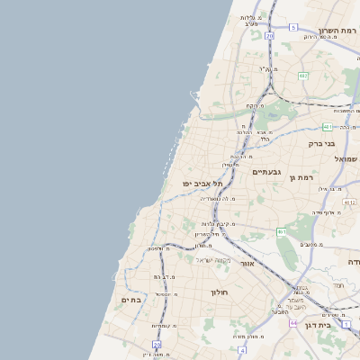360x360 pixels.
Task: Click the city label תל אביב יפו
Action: pos(202,183)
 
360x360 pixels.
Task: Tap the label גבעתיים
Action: pos(268,172)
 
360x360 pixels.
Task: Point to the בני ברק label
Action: pos(321,142)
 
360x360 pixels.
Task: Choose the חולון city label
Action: pos(221,292)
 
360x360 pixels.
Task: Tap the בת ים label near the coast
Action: pos(131,300)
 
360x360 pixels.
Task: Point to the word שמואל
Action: pos(346,158)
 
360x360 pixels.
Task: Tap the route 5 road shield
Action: pos(293,28)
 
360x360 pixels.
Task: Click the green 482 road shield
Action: pos(303,76)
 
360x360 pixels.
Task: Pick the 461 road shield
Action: pos(282,232)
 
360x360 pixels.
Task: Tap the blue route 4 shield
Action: pos(242,349)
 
